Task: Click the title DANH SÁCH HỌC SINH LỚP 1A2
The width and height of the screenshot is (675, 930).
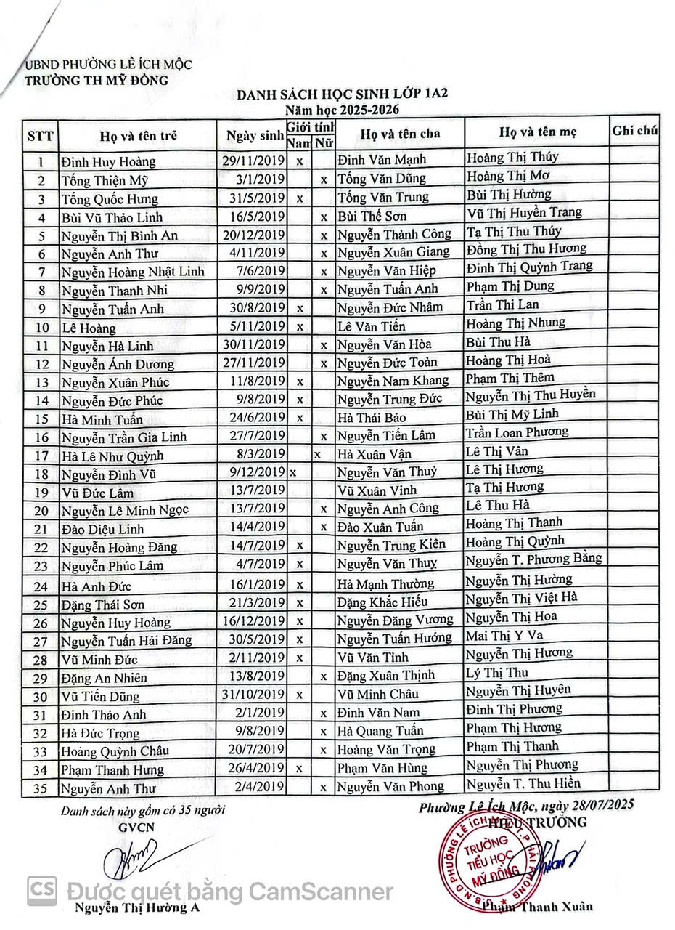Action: [337, 96]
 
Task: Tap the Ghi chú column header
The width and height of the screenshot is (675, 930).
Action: [634, 131]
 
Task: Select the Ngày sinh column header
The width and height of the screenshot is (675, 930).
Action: [253, 135]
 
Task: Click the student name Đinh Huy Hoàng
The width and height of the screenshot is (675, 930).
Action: [108, 161]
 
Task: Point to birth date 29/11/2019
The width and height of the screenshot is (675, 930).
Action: [253, 160]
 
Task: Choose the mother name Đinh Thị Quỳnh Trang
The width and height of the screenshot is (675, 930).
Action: [529, 267]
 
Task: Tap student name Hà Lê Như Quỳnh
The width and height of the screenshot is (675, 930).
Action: [112, 456]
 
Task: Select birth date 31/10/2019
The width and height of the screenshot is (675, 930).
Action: [253, 694]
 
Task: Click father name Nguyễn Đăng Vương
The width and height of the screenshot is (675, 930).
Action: [395, 620]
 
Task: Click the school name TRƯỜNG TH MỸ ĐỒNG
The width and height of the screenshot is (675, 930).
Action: [97, 80]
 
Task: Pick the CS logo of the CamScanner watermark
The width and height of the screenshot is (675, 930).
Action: [42, 890]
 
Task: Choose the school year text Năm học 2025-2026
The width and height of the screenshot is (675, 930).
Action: [335, 110]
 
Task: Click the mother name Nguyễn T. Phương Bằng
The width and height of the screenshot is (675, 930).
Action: [533, 558]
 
